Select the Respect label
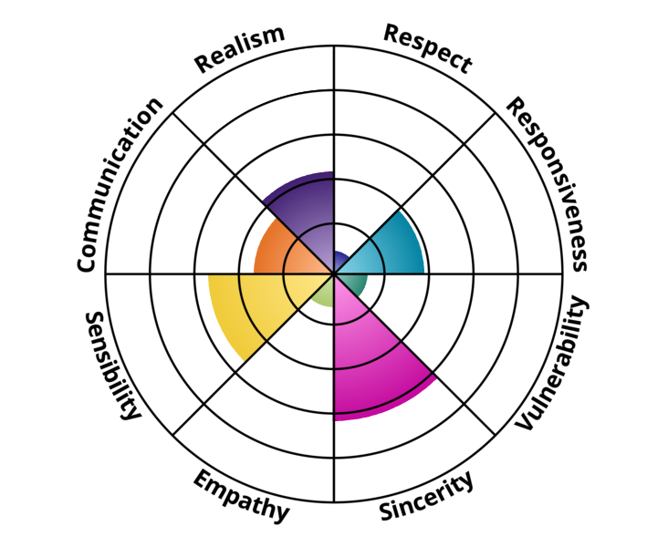(428, 47)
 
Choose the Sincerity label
(426, 496)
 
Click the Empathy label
(241, 496)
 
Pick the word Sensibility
(112, 366)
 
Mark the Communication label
(120, 184)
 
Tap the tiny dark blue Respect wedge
(340, 260)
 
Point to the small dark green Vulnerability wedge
(352, 283)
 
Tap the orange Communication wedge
(277, 251)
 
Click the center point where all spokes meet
(334, 273)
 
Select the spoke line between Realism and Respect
(334, 160)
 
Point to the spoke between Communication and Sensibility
(219, 273)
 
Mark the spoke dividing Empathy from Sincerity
(334, 387)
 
